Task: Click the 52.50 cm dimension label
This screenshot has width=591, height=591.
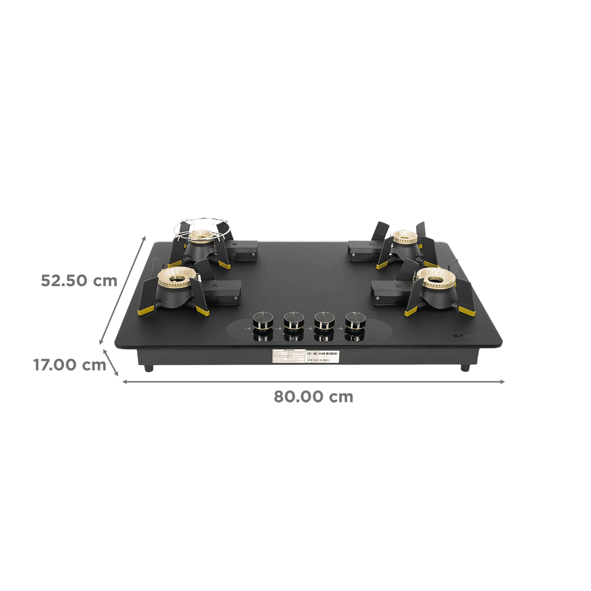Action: tap(79, 280)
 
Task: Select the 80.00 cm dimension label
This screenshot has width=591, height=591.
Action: tap(313, 397)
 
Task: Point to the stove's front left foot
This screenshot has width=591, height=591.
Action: tap(148, 368)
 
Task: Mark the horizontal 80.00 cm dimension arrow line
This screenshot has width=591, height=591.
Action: tap(313, 382)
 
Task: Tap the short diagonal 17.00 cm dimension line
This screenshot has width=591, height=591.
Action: tap(112, 362)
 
